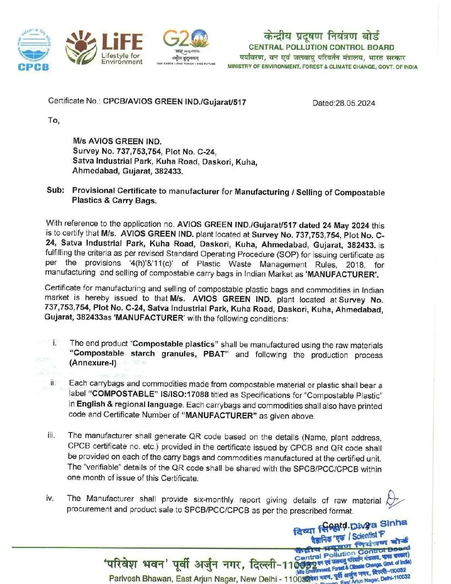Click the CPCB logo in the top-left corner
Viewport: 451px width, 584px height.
[x=34, y=50]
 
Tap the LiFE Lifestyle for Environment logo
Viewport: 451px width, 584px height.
[x=104, y=48]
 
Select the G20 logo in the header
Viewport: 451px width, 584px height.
[x=185, y=46]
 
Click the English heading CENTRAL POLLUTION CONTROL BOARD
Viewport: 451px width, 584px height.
[x=321, y=47]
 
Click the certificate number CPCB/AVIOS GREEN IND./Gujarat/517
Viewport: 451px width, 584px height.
[x=175, y=102]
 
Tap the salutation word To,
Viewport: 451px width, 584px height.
[x=54, y=120]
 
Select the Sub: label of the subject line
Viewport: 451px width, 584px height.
[x=56, y=190]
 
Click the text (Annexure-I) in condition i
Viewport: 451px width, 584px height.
[x=93, y=363]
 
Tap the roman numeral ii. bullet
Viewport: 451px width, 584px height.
[x=53, y=382]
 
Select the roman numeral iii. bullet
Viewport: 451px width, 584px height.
[x=51, y=435]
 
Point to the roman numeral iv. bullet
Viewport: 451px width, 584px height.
[x=50, y=498]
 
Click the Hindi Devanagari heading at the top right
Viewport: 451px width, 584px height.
[x=321, y=36]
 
